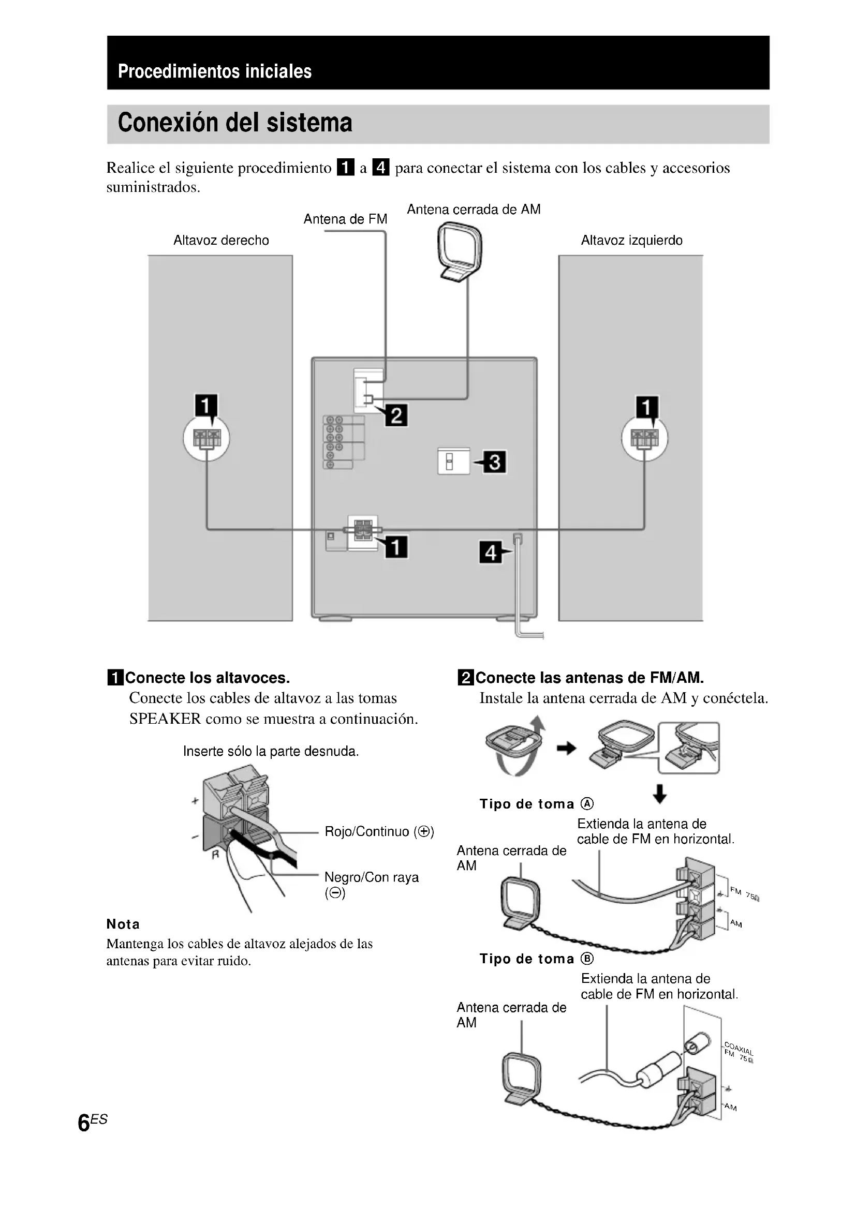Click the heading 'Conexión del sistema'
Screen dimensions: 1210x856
click(234, 123)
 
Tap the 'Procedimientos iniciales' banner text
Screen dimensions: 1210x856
click(215, 71)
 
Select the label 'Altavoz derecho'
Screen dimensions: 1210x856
click(221, 241)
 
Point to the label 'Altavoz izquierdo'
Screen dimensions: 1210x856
click(631, 241)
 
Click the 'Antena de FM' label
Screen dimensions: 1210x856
click(345, 219)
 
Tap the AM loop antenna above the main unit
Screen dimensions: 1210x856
click(460, 251)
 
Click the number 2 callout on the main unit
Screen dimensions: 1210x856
click(396, 415)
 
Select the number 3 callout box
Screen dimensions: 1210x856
click(495, 462)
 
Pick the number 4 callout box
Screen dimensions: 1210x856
click(490, 552)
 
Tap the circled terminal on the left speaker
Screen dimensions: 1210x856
click(206, 439)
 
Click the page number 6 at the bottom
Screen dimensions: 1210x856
click(84, 1123)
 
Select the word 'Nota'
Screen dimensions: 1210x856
click(123, 924)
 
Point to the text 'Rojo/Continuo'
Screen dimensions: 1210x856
click(367, 832)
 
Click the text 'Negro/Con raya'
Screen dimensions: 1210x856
click(371, 877)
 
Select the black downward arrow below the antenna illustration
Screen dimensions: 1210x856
click(659, 794)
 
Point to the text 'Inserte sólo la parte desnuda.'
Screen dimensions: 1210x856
click(271, 751)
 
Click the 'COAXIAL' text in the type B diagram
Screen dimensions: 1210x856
click(739, 1049)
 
